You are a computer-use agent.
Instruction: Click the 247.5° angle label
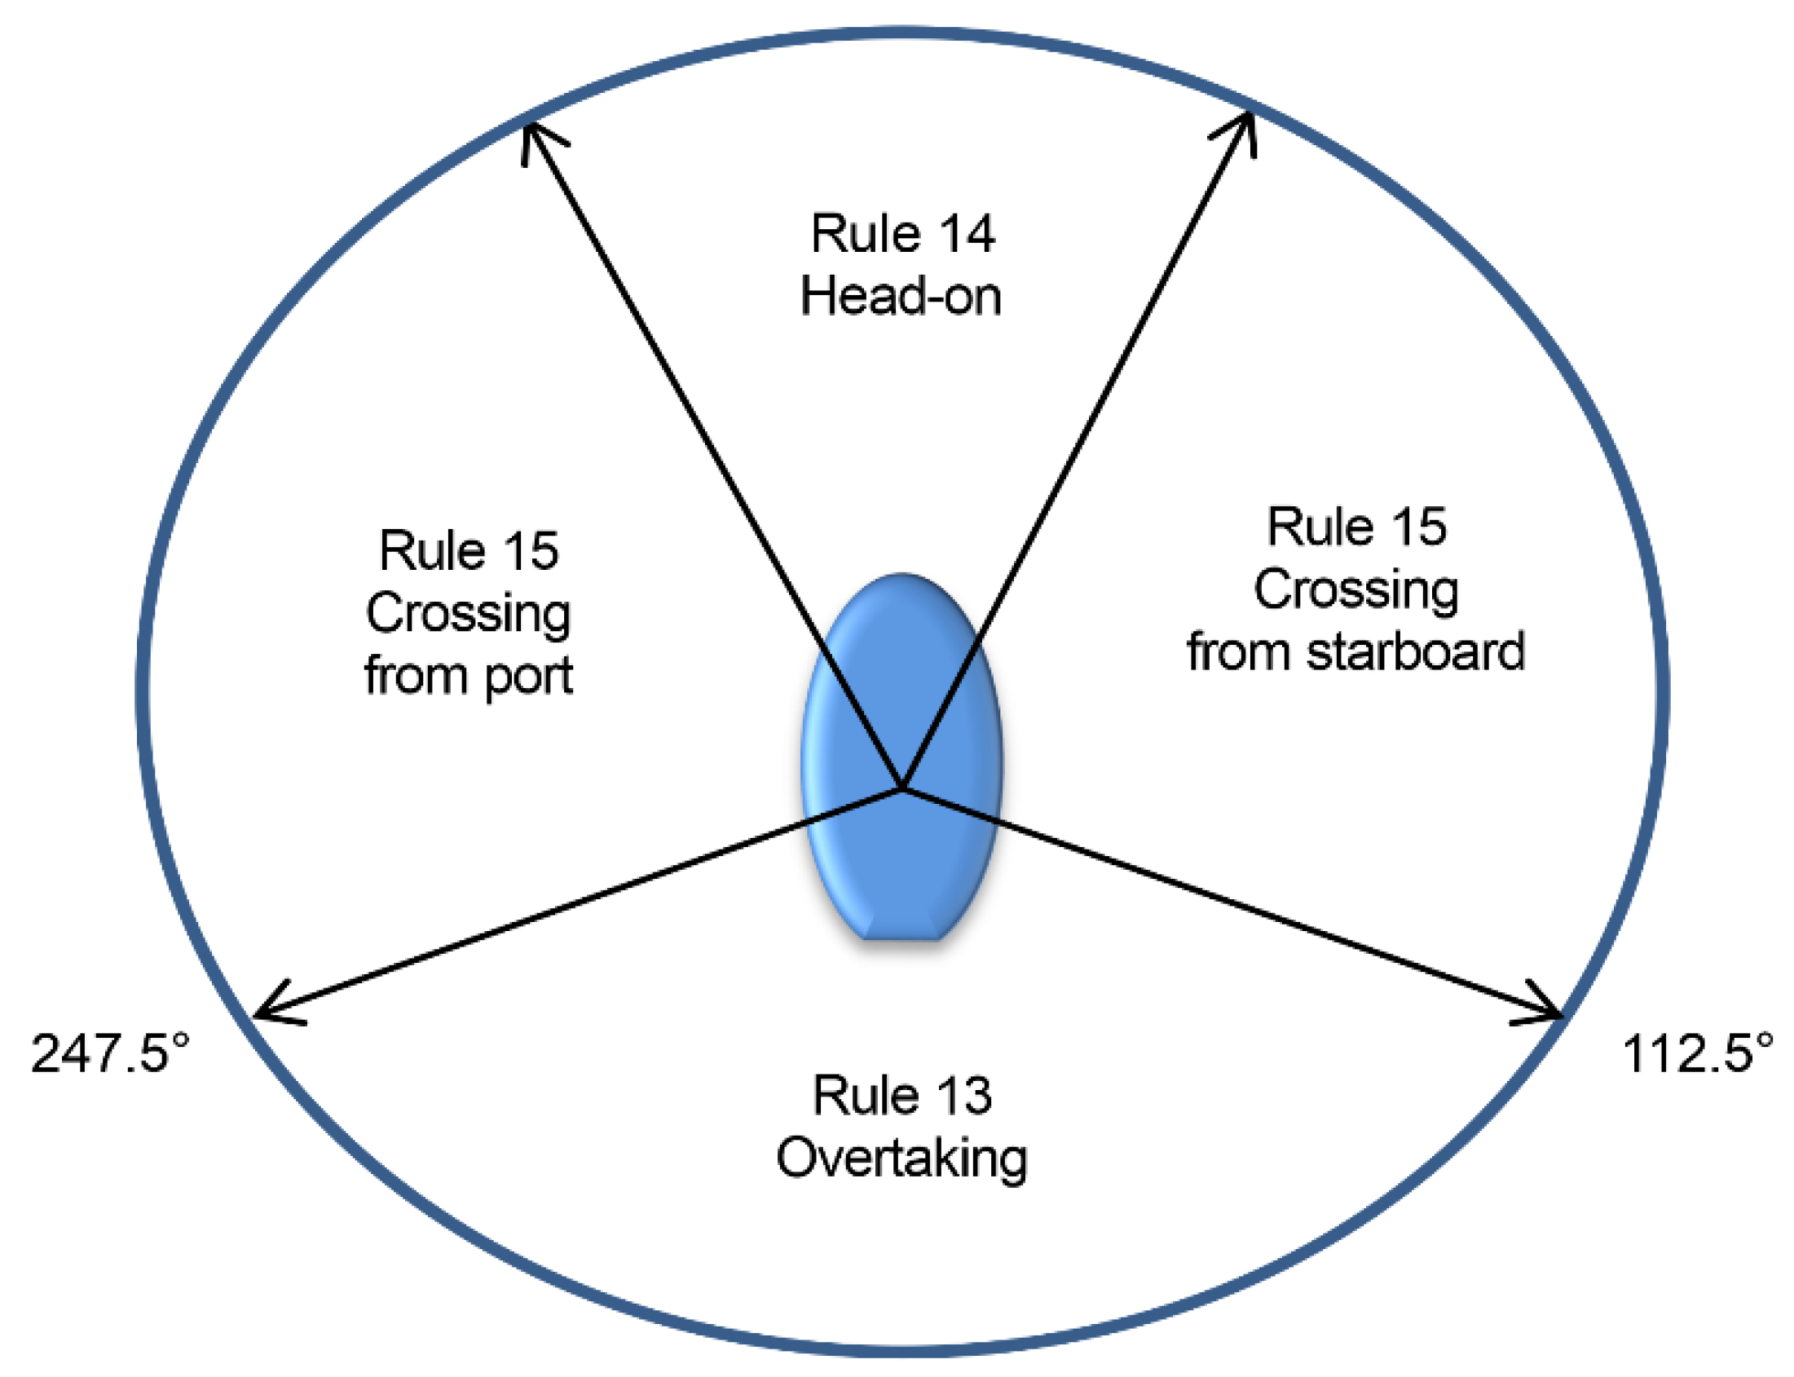pyautogui.click(x=110, y=1053)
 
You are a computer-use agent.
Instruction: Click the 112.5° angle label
pyautogui.click(x=1696, y=1053)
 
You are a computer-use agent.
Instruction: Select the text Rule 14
pyautogui.click(x=901, y=234)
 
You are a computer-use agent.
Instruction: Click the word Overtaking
pyautogui.click(x=901, y=1160)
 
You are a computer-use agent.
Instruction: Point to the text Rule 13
pyautogui.click(x=901, y=1096)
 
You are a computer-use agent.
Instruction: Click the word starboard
pyautogui.click(x=1414, y=652)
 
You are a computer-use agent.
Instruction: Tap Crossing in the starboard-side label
pyautogui.click(x=1355, y=590)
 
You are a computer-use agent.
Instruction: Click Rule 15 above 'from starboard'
pyautogui.click(x=1355, y=526)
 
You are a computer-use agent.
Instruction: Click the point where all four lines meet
pyautogui.click(x=901, y=789)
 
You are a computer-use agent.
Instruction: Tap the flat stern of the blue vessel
pyautogui.click(x=901, y=937)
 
